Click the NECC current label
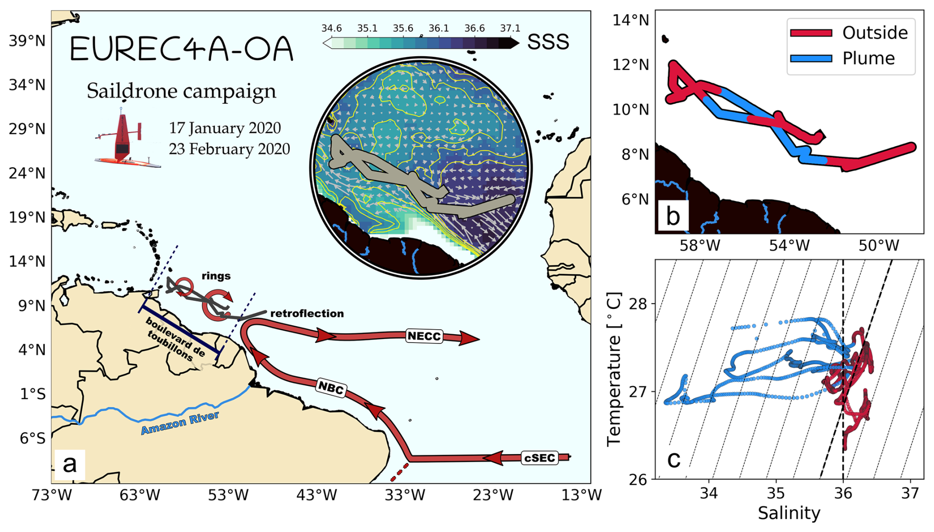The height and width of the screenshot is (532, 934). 424,337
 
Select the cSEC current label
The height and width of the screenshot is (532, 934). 540,458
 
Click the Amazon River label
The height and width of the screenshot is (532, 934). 180,423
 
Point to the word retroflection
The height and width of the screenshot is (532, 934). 307,313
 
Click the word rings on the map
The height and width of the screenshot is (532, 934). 216,276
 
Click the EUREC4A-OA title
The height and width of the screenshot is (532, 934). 182,49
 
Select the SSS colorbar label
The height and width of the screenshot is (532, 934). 548,42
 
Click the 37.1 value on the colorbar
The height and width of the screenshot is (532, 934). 510,28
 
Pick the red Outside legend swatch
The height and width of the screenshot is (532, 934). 811,33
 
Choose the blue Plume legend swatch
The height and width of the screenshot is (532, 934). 811,58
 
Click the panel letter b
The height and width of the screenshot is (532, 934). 672,216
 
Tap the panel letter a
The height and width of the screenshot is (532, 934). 70,464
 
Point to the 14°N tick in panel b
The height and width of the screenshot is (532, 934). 630,20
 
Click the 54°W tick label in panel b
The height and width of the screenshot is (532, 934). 789,245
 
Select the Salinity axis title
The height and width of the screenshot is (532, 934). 789,513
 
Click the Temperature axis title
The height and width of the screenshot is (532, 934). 614,369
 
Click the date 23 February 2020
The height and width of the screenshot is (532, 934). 230,149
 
